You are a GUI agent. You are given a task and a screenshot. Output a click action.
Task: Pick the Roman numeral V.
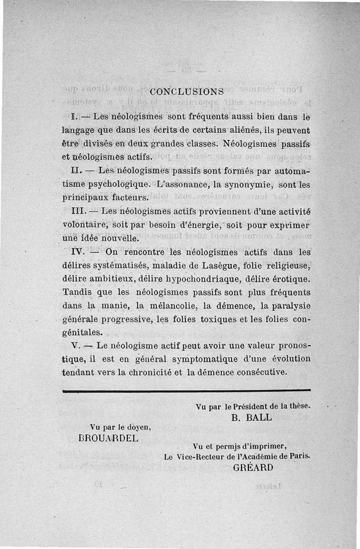76,346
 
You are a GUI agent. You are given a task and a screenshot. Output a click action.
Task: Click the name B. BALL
252,417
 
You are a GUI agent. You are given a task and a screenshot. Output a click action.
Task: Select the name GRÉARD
253,467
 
